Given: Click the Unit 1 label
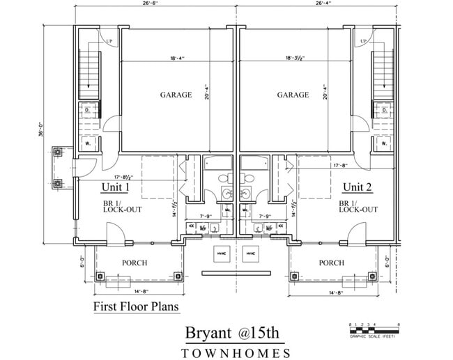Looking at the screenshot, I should (116, 187).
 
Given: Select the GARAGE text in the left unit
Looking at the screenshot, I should (176, 95).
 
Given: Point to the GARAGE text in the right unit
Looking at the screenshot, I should (293, 95).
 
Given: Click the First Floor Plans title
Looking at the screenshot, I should (136, 306).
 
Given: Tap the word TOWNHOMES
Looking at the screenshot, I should (236, 353).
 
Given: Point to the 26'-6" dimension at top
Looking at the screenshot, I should (152, 3).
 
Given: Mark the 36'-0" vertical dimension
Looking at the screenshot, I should (41, 132).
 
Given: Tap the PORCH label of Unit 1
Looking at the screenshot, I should (135, 263).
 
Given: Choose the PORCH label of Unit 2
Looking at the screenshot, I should (331, 263).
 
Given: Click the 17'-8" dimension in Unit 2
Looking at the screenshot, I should (341, 166).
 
